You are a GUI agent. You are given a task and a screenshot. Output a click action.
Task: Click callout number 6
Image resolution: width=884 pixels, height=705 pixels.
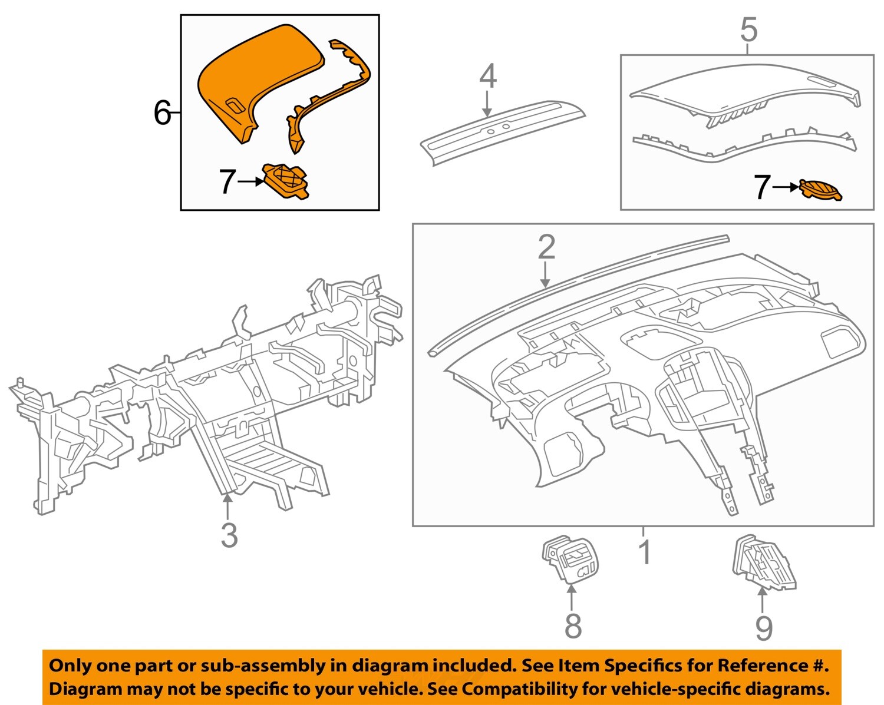pyautogui.click(x=162, y=113)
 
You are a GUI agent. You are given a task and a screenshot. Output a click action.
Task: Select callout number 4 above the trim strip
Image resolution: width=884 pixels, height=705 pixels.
pyautogui.click(x=488, y=77)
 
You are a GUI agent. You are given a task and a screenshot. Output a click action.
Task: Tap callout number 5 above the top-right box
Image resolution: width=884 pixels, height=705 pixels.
pyautogui.click(x=748, y=30)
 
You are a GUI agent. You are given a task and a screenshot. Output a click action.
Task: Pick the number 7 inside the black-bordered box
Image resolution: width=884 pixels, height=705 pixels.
pyautogui.click(x=227, y=182)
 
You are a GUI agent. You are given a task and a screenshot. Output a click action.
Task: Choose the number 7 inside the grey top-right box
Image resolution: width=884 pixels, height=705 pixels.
pyautogui.click(x=763, y=187)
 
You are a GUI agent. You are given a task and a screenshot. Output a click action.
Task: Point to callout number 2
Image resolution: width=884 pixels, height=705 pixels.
pyautogui.click(x=546, y=247)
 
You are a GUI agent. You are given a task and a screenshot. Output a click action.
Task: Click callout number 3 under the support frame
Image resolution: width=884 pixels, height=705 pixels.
pyautogui.click(x=229, y=535)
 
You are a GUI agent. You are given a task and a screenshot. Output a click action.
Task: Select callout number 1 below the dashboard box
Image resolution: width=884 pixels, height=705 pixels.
pyautogui.click(x=646, y=552)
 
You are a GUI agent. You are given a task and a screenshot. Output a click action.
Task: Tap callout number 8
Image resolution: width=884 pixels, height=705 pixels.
pyautogui.click(x=573, y=625)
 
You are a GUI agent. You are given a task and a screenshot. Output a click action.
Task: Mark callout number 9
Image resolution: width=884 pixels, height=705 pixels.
pyautogui.click(x=764, y=628)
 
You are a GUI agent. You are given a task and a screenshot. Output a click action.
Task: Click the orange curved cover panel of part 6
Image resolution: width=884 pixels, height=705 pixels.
pyautogui.click(x=253, y=77)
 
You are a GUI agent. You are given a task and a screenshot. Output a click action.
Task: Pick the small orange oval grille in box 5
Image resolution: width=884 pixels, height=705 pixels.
pyautogui.click(x=822, y=191)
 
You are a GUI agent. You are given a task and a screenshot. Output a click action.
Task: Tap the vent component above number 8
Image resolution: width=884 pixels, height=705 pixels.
pyautogui.click(x=567, y=558)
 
